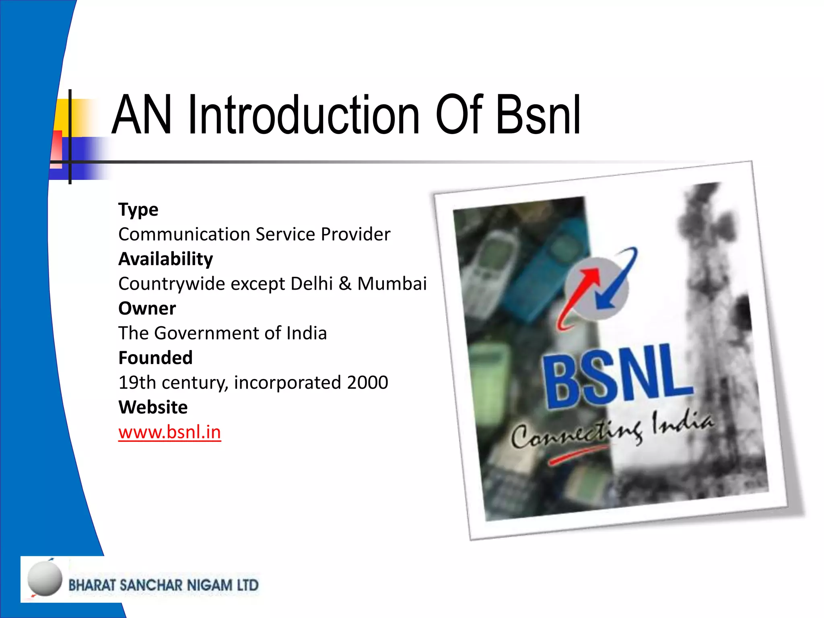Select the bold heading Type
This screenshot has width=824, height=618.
coord(138,210)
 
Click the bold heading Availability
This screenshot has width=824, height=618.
coord(166,259)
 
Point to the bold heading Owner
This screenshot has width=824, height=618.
coord(147,309)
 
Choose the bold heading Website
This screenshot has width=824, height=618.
coord(153,408)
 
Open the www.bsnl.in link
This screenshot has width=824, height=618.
coord(169,432)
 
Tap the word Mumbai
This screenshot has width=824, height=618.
coord(392,284)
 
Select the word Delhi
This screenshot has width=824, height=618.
coord(312,284)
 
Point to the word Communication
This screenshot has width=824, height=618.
coord(184,235)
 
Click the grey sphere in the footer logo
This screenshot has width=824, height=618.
coord(45,579)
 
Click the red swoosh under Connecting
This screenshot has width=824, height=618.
coord(579,455)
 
